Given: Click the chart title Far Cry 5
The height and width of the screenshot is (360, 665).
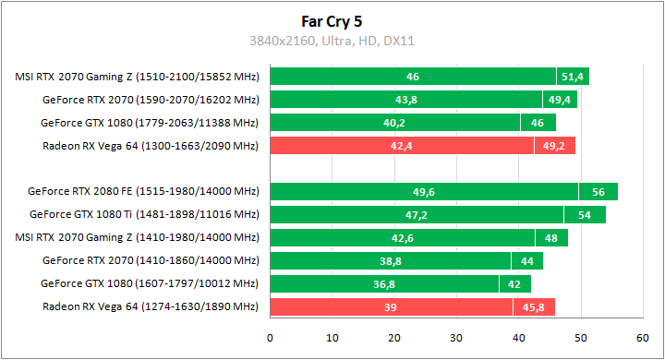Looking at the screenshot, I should (332, 20).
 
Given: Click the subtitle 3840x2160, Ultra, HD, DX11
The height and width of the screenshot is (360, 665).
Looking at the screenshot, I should (332, 41).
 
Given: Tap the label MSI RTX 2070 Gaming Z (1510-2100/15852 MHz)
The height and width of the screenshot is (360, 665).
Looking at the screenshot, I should (138, 77).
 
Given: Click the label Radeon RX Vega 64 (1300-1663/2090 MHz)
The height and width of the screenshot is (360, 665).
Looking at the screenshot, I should (151, 146).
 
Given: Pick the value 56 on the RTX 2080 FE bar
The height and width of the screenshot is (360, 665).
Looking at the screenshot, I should (598, 192).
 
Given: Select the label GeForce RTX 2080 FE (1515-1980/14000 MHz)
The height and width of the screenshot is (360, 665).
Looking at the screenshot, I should (144, 192).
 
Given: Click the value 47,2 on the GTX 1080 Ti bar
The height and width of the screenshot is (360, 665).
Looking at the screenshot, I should (417, 215).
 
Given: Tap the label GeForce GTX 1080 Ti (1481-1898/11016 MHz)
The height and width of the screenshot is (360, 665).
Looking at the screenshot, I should (144, 215).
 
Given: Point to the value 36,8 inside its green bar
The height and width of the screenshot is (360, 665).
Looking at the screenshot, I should (385, 284).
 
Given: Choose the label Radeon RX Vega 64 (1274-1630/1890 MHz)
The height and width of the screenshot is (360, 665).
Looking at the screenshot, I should (151, 307).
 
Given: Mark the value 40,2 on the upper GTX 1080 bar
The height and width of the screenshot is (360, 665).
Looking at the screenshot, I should (395, 123).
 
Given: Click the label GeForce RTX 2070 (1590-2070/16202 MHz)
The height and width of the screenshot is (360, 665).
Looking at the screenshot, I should (151, 100).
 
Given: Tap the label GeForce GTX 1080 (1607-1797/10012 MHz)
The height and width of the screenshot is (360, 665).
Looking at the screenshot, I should (151, 284).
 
